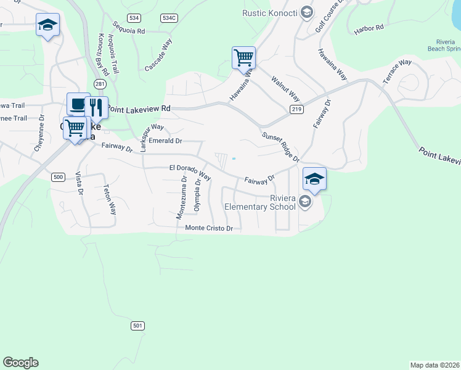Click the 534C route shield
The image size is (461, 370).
click(169, 18)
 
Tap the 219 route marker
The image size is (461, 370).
click(296, 109)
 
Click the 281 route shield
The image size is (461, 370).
click(100, 83)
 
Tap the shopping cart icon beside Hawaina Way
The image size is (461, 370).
click(243, 58)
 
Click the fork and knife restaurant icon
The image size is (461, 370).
click(96, 107)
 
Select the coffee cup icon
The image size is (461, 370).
click(78, 104)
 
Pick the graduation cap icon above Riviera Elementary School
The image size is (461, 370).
click(314, 179)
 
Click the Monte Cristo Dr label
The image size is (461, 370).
click(209, 228)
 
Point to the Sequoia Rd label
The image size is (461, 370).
click(129, 28)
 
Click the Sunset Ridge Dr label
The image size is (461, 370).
click(280, 147)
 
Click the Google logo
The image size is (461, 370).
click(21, 363)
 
